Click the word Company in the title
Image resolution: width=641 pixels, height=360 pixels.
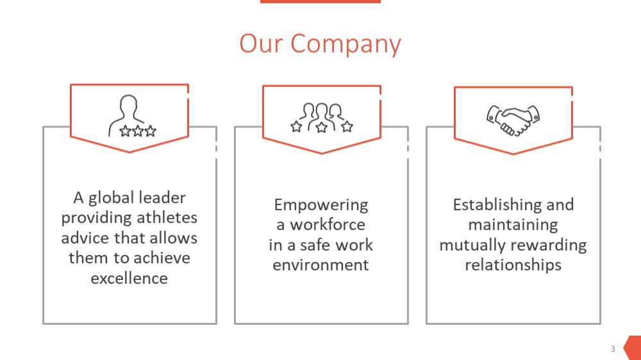[x=346, y=45]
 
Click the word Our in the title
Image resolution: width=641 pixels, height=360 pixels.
[x=262, y=44]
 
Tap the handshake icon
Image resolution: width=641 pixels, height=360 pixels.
[x=513, y=120]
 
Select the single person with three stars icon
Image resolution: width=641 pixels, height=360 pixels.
[x=132, y=116]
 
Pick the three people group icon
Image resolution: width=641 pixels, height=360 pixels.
[x=322, y=118]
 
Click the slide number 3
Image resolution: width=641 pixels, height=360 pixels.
[x=613, y=348]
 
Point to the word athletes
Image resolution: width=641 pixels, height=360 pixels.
[x=167, y=217]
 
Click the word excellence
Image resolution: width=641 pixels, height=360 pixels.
[x=129, y=278]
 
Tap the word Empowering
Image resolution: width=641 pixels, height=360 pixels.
[x=321, y=206]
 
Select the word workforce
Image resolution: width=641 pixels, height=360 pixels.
[x=328, y=224]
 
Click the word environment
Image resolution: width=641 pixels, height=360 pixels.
[x=321, y=265]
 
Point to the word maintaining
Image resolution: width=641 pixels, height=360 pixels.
[x=513, y=225]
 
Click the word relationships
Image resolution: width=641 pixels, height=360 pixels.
[x=513, y=265]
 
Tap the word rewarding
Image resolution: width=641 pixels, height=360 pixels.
[x=549, y=245]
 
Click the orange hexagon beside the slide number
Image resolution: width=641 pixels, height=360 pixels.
[x=633, y=348]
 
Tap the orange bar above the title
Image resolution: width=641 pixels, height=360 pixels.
[x=320, y=2]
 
